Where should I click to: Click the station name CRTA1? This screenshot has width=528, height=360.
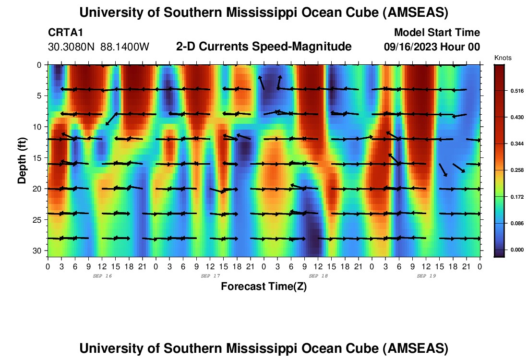click(x=66, y=33)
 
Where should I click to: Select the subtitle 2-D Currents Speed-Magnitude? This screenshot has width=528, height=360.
click(x=264, y=47)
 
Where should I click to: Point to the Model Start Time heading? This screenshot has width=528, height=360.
click(x=437, y=33)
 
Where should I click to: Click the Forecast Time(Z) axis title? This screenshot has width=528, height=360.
click(x=264, y=287)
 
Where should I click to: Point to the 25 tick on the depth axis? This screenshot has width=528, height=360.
click(x=38, y=220)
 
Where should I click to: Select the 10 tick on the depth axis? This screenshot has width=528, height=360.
click(x=38, y=127)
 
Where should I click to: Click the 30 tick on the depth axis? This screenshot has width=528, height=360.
click(x=38, y=251)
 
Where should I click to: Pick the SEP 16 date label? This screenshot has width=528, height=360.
click(x=102, y=276)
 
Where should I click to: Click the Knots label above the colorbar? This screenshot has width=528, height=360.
click(x=503, y=58)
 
